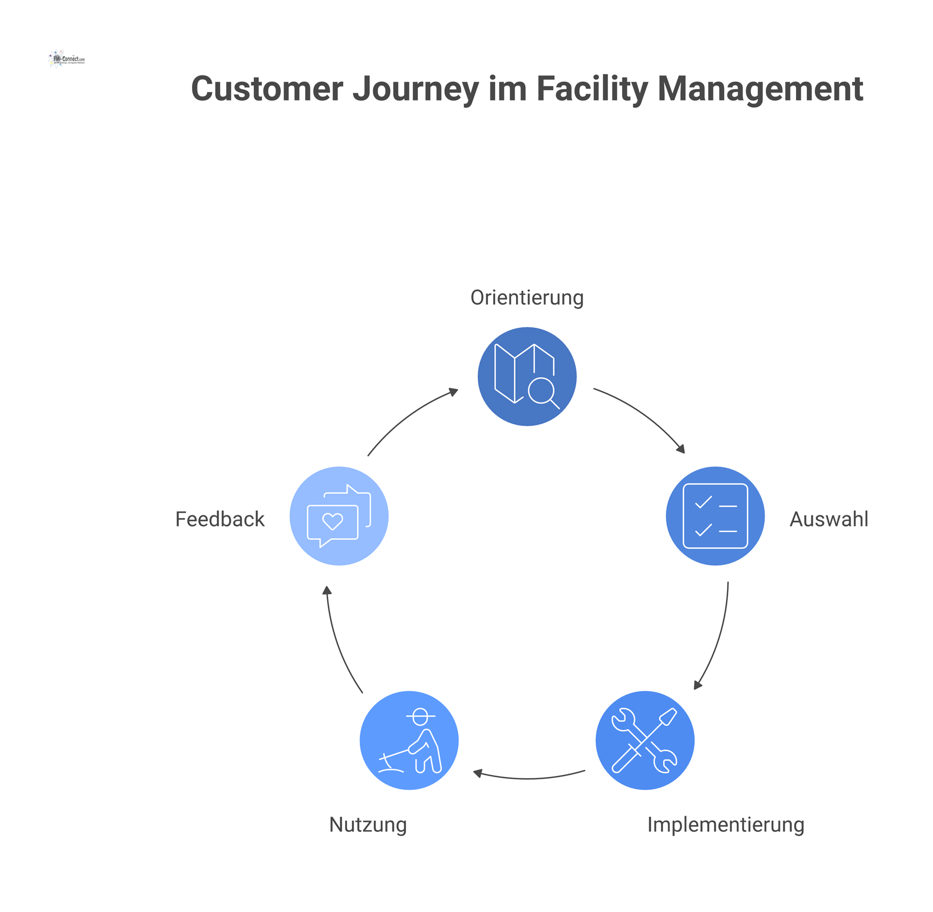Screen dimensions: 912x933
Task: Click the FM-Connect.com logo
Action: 67,59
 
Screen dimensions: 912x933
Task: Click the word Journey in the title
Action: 415,89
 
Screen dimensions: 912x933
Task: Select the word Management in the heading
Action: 760,89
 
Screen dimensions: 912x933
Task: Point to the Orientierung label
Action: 527,298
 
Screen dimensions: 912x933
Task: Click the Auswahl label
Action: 829,519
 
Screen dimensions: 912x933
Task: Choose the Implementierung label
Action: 726,824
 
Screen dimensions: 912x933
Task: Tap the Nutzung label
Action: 368,824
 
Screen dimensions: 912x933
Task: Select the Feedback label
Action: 220,519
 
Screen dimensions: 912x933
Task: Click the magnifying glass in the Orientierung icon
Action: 542,390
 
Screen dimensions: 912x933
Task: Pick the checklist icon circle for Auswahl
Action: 715,516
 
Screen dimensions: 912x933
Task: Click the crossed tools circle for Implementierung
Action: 645,740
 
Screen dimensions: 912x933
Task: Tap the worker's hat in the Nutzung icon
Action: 420,716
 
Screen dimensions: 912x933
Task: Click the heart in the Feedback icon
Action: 333,522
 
